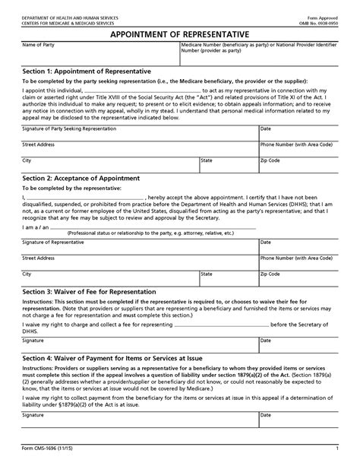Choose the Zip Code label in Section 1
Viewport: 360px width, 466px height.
pos(270,160)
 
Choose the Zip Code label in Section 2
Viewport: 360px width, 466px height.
pos(270,273)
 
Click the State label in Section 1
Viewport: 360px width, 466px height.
pos(207,160)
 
